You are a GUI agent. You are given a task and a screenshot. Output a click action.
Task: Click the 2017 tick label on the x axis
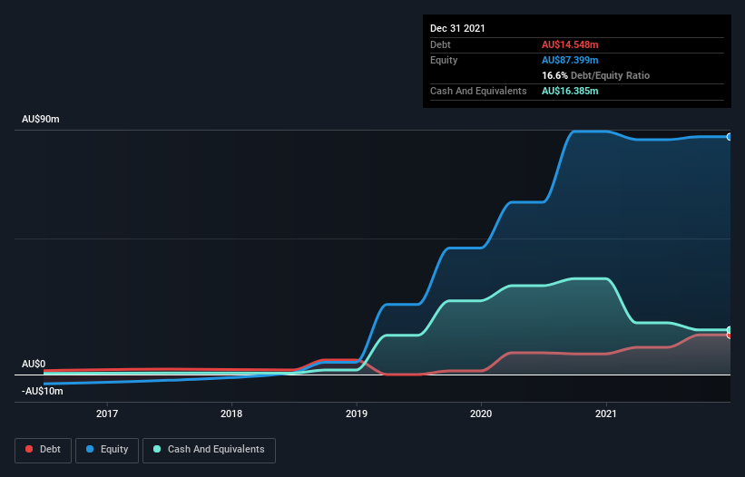pyautogui.click(x=107, y=414)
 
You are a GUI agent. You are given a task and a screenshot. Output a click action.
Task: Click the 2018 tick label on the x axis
pyautogui.click(x=231, y=414)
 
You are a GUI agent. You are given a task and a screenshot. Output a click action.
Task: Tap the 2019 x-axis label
pyautogui.click(x=357, y=414)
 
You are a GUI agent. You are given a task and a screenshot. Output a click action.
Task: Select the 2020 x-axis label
pyautogui.click(x=481, y=414)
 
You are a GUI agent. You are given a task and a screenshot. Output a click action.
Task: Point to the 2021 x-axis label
pyautogui.click(x=605, y=414)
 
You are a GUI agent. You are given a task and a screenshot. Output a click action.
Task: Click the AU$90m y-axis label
pyautogui.click(x=41, y=120)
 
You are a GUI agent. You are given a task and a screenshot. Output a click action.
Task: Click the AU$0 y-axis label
pyautogui.click(x=34, y=364)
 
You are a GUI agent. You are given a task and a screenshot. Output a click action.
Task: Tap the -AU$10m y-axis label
pyautogui.click(x=43, y=391)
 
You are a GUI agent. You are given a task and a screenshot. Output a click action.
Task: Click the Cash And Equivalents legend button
pyautogui.click(x=209, y=449)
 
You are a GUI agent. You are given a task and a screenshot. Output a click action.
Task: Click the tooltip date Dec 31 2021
pyautogui.click(x=457, y=28)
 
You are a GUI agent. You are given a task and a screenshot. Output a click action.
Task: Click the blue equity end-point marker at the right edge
pyautogui.click(x=729, y=137)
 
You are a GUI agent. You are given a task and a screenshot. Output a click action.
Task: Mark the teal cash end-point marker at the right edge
pyautogui.click(x=729, y=330)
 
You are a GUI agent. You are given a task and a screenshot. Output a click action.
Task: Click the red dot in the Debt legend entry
pyautogui.click(x=29, y=449)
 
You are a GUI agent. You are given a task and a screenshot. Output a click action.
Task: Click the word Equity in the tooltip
pyautogui.click(x=444, y=60)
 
